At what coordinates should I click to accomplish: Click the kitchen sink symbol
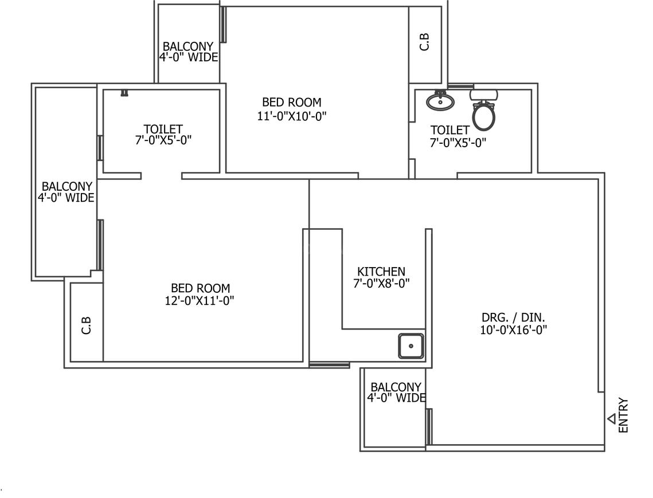[411, 346]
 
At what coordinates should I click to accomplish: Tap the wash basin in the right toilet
[440, 101]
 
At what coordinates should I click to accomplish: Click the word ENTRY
[624, 415]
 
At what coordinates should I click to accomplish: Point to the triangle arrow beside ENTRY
[612, 419]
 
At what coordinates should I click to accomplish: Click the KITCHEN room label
[381, 272]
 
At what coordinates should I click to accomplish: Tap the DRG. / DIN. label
[514, 317]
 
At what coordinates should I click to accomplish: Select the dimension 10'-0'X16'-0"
[514, 330]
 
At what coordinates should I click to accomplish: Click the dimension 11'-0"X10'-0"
[292, 115]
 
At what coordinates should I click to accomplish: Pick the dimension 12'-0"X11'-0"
[200, 300]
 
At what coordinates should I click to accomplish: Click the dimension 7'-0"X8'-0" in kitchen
[381, 283]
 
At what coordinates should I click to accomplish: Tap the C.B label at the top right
[425, 42]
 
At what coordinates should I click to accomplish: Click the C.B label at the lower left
[87, 326]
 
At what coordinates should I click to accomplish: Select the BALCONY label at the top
[188, 46]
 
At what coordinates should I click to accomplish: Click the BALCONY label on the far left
[67, 187]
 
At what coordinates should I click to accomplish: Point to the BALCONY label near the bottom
[396, 387]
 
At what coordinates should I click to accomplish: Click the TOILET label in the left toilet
[163, 130]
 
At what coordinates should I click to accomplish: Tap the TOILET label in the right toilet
[450, 131]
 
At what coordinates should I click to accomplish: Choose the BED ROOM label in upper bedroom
[292, 103]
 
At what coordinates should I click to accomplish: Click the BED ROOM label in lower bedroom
[200, 288]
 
